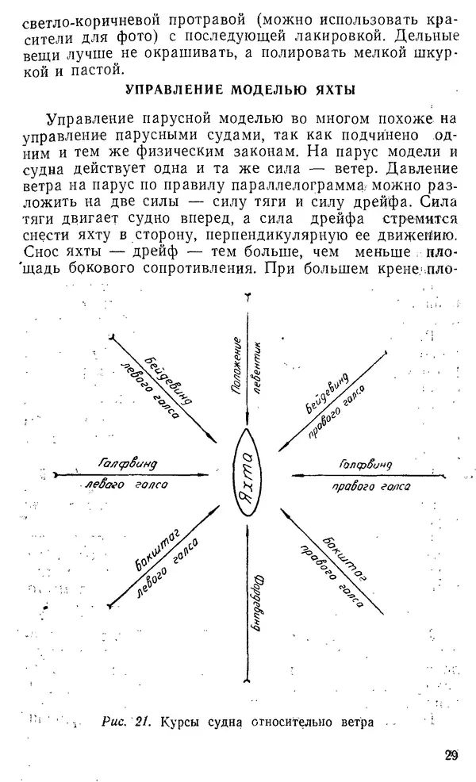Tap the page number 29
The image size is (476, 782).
(451, 755)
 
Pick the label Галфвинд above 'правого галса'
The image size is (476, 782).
(365, 462)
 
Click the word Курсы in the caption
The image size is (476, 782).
(183, 722)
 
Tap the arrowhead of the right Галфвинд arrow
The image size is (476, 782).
(293, 475)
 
